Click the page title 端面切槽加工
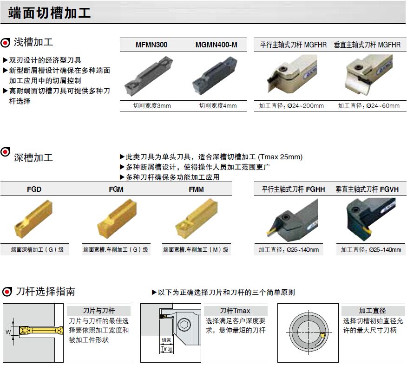pyautogui.click(x=49, y=13)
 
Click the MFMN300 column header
pyautogui.click(x=151, y=45)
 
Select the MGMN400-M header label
pyautogui.click(x=216, y=45)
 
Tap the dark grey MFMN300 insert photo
pyautogui.click(x=149, y=76)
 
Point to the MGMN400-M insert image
pyautogui.click(x=215, y=76)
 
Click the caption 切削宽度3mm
pyautogui.click(x=152, y=106)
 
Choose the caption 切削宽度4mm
pyautogui.click(x=218, y=106)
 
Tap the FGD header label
pyautogui.click(x=34, y=189)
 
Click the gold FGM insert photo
pyautogui.click(x=117, y=218)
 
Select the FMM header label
pyautogui.click(x=196, y=189)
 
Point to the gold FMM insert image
pyautogui.click(x=197, y=219)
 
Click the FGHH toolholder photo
pyautogui.click(x=292, y=218)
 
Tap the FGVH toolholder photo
pyautogui.click(x=371, y=217)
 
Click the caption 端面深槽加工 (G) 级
pyautogui.click(x=37, y=250)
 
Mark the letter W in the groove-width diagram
pyautogui.click(x=8, y=332)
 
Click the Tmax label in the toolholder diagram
pyautogui.click(x=166, y=349)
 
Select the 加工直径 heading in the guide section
pyautogui.click(x=372, y=311)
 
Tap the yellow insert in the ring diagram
pyautogui.click(x=322, y=335)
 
